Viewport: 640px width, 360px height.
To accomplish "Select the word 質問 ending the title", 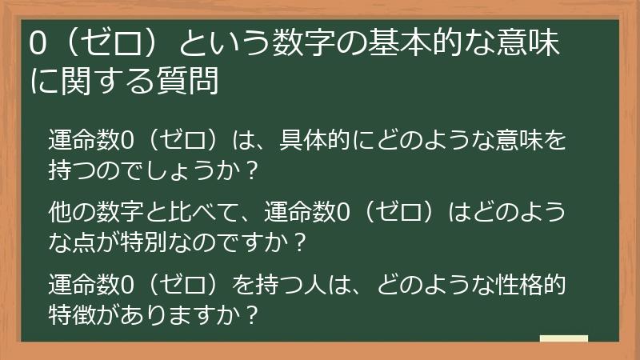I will click(x=192, y=81).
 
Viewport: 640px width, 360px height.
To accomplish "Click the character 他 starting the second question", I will click(x=61, y=212).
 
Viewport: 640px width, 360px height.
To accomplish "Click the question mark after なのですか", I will click(x=301, y=240).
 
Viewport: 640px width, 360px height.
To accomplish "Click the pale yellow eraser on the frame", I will click(x=563, y=339).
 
